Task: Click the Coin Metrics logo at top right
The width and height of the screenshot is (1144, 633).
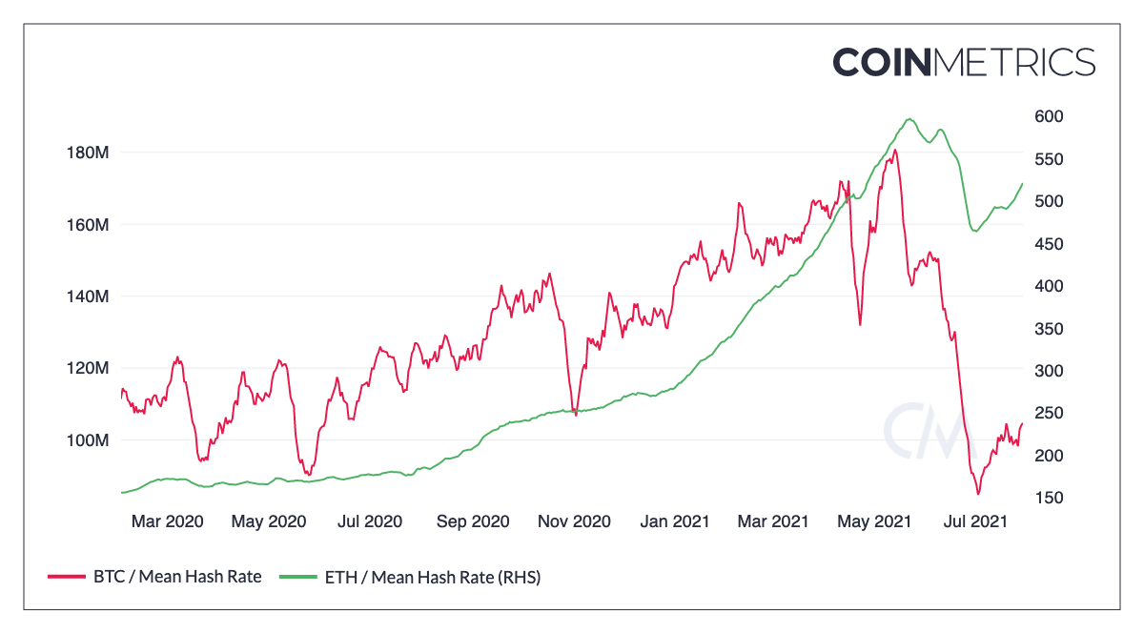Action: pos(964,62)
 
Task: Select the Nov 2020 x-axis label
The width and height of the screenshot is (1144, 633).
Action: pos(574,521)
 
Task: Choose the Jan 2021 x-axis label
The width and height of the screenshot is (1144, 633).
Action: pos(674,521)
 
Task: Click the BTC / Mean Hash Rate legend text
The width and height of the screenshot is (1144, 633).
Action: pos(177,577)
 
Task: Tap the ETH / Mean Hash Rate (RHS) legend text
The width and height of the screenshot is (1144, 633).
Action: pos(433,577)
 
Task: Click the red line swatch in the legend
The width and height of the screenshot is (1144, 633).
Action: pos(66,577)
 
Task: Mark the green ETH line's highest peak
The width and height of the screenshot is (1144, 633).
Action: pos(909,119)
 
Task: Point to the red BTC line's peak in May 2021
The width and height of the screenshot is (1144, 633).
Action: pos(894,150)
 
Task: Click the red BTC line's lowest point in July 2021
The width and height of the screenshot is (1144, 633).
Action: pos(978,494)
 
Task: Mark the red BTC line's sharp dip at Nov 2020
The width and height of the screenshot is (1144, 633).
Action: pos(576,415)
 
